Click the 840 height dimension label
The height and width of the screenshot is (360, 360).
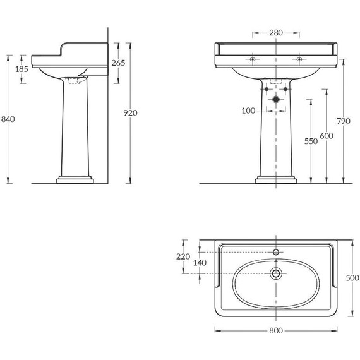coord(8,119)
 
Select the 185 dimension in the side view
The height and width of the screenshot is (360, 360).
coord(21,69)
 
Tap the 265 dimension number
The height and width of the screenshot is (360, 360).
coord(118,63)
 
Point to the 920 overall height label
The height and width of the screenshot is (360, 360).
coord(130,113)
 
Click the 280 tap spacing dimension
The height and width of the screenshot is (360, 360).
coord(276,33)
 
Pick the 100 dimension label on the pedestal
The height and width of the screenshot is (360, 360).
coord(248,111)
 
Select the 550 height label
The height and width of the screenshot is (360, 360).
coord(311,141)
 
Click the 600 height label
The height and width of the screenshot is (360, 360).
coord(327,136)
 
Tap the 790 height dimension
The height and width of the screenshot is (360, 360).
coord(344,121)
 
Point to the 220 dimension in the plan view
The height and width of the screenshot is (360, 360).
coord(183,256)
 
